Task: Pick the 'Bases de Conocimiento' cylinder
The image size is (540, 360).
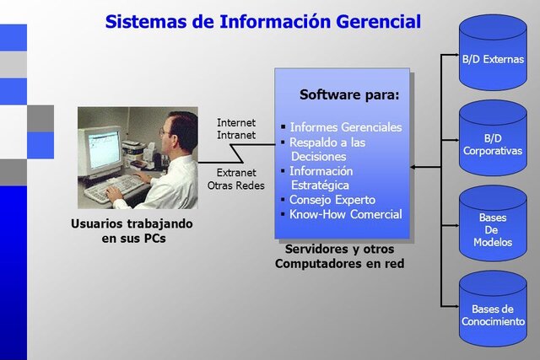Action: (x=493, y=309)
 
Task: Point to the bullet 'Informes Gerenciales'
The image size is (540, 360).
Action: (x=345, y=127)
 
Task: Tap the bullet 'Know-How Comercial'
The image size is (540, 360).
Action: (x=345, y=214)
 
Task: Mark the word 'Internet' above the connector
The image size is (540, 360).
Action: (x=236, y=122)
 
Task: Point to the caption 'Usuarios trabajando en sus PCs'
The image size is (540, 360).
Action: (x=132, y=231)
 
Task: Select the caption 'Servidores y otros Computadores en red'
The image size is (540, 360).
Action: (x=339, y=256)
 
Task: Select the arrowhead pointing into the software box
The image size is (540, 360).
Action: (x=416, y=167)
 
